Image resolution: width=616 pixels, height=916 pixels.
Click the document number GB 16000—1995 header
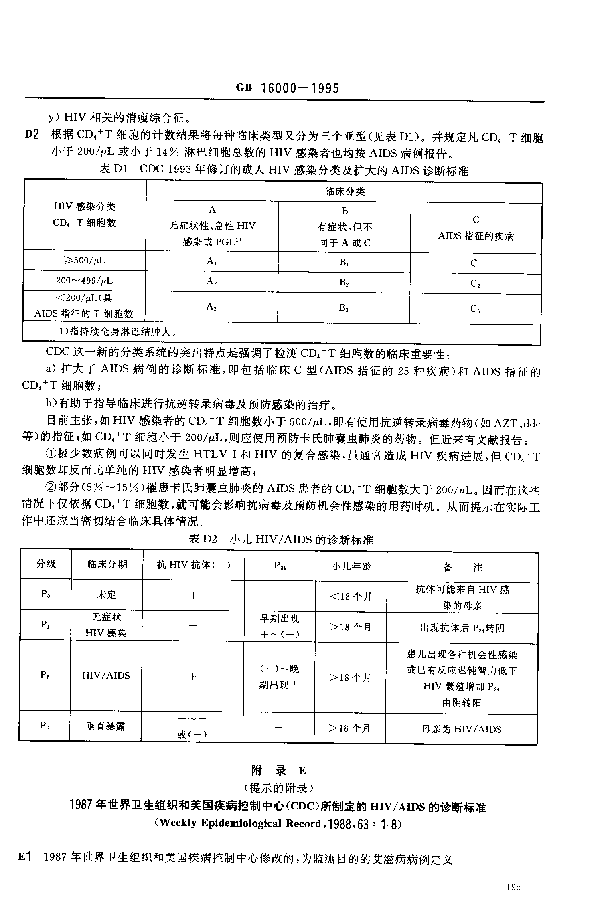point(288,88)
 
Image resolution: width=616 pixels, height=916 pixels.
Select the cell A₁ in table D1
point(212,261)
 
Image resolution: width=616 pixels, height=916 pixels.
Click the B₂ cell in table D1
point(344,282)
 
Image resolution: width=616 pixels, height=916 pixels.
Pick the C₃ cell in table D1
point(475,309)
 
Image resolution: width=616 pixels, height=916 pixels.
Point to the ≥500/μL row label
point(84,261)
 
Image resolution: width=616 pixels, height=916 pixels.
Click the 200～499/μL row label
point(84,281)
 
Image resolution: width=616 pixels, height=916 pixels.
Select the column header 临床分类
point(344,192)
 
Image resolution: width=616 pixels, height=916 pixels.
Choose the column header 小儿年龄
point(351,566)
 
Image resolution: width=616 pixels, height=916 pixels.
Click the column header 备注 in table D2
point(462,567)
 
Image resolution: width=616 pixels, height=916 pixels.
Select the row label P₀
point(45,594)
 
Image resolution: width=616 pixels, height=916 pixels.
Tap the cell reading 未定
point(107,594)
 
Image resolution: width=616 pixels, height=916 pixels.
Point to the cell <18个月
point(351,597)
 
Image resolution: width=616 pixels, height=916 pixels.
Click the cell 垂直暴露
point(105,726)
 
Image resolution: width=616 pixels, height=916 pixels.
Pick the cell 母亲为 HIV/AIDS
point(462,729)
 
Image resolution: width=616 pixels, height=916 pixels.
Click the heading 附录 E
point(278,771)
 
